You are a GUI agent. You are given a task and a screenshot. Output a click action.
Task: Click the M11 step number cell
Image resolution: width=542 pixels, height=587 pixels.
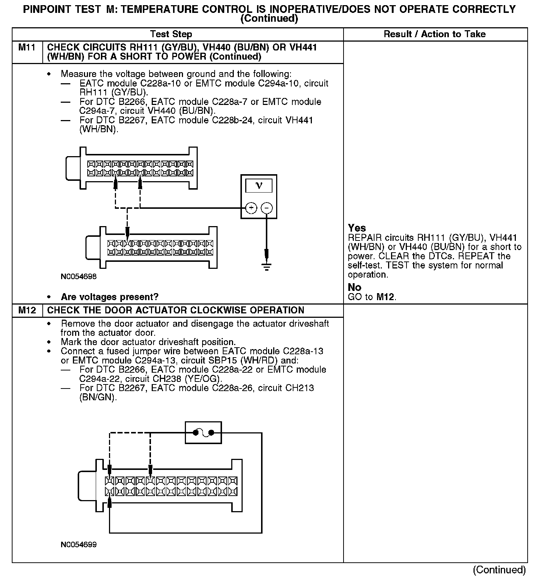(x=27, y=48)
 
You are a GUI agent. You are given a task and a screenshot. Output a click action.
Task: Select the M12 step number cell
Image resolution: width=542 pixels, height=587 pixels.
(x=27, y=310)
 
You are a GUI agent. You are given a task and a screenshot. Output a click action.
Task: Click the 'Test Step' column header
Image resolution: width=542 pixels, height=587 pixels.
(x=171, y=35)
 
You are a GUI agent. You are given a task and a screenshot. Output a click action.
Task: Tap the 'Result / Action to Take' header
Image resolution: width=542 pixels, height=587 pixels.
(x=434, y=35)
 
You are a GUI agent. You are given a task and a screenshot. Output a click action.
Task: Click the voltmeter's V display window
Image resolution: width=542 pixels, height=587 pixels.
(x=259, y=186)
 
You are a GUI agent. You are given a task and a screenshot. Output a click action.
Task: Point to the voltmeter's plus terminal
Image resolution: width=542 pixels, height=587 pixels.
(x=251, y=208)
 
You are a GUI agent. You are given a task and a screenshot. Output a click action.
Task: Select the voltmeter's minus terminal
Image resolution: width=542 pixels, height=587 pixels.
(x=267, y=208)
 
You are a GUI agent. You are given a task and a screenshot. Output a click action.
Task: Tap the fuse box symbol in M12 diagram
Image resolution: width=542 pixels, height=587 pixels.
(x=203, y=433)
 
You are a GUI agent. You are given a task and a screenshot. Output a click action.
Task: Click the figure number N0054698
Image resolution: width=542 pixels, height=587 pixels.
(x=79, y=277)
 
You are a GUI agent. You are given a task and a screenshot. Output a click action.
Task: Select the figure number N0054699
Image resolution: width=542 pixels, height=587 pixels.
(x=79, y=545)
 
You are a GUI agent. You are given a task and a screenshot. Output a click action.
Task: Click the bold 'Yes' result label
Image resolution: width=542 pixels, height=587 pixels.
(x=357, y=228)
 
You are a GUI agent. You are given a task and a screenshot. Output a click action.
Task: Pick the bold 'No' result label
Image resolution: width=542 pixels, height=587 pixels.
(x=354, y=287)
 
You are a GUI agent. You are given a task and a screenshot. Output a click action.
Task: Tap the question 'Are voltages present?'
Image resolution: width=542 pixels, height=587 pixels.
(x=109, y=297)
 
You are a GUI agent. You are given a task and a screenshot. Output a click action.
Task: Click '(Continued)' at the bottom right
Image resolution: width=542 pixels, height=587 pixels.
(x=499, y=570)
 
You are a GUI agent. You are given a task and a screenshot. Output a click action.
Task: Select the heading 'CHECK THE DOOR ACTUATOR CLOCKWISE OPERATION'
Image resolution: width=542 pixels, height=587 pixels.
(x=176, y=310)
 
